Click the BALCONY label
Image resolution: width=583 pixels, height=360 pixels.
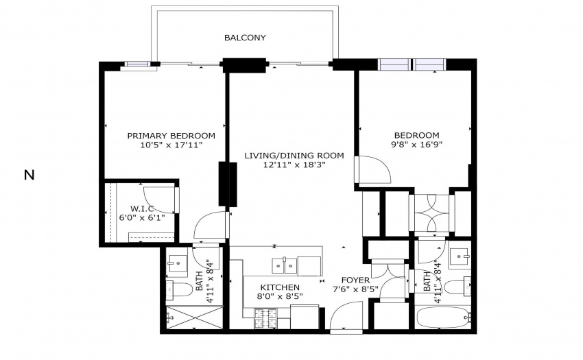(245, 38)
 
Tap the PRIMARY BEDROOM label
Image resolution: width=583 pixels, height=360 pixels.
(171, 136)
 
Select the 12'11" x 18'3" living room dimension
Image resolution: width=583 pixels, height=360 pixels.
(294, 165)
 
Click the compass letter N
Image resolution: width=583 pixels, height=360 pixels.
(29, 175)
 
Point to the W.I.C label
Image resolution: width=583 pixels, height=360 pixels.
(142, 208)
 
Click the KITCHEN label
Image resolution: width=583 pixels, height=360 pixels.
(280, 287)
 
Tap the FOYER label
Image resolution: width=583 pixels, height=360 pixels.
(355, 280)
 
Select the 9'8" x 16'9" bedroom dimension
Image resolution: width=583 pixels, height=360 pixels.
(416, 145)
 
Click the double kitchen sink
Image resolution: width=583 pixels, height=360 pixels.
(285, 266)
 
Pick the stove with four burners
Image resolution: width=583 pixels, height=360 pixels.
(266, 319)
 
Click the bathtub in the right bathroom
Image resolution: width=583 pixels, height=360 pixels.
(443, 317)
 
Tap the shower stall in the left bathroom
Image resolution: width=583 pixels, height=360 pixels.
(194, 317)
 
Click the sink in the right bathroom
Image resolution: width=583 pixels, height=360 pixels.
(460, 257)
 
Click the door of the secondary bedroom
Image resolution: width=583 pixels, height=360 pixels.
(372, 169)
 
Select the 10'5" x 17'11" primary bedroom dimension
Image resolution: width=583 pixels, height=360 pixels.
(171, 145)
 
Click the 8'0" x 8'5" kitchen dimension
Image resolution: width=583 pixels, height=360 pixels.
(280, 296)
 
